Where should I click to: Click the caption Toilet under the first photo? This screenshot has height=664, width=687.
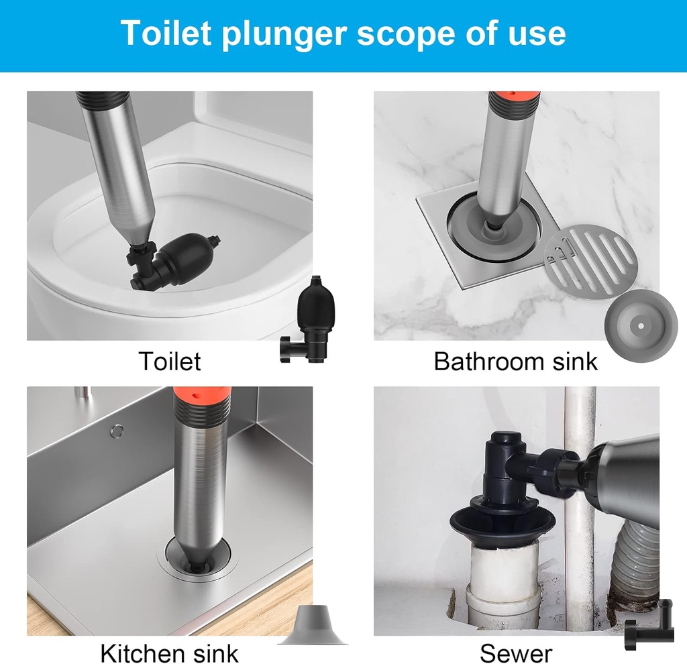pyautogui.click(x=169, y=362)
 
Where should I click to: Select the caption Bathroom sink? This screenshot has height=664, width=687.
pyautogui.click(x=515, y=362)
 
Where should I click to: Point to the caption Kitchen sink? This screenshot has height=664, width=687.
pyautogui.click(x=169, y=652)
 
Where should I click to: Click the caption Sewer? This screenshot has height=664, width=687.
pyautogui.click(x=516, y=652)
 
